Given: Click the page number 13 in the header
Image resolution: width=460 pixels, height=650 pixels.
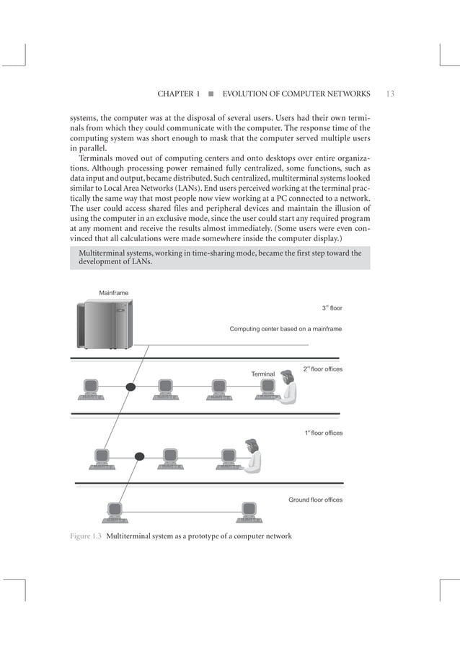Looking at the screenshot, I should click(x=389, y=94).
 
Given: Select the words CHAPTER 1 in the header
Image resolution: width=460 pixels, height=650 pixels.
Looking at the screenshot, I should click(x=178, y=94).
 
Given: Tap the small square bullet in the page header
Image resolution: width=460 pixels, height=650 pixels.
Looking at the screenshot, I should click(x=211, y=94).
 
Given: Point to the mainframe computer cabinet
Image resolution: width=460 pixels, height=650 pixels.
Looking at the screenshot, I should click(x=105, y=325).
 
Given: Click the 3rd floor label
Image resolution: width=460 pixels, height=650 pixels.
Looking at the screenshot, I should click(x=332, y=308).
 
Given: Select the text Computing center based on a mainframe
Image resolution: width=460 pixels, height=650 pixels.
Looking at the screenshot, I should click(x=286, y=329).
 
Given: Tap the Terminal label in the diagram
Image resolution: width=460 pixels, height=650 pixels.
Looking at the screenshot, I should click(x=262, y=374).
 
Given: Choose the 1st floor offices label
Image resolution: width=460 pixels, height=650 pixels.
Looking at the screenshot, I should click(x=323, y=433).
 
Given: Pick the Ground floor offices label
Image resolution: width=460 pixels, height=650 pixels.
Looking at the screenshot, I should click(x=315, y=500).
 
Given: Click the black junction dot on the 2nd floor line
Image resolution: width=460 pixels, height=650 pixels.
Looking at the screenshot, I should click(x=131, y=387).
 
